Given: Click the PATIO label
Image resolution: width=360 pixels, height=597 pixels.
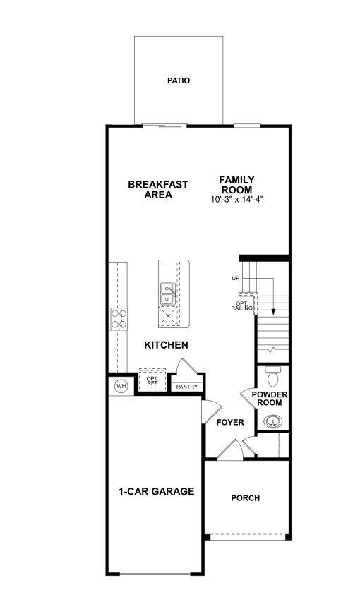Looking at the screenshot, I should pyautogui.click(x=179, y=80).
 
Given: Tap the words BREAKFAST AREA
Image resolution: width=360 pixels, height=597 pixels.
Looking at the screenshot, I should pyautogui.click(x=158, y=190).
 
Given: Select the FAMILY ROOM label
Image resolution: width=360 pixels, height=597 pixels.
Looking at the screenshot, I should pyautogui.click(x=236, y=185).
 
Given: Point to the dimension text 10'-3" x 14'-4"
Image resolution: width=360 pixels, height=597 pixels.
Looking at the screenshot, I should pyautogui.click(x=236, y=200).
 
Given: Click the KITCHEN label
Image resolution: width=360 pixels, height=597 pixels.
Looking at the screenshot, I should pyautogui.click(x=166, y=345).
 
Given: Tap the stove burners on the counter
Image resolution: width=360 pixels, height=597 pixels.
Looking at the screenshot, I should pyautogui.click(x=119, y=320).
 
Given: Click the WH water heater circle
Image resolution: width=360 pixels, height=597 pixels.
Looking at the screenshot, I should pyautogui.click(x=121, y=386).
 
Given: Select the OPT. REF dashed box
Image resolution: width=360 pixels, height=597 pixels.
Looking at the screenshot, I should pyautogui.click(x=152, y=380).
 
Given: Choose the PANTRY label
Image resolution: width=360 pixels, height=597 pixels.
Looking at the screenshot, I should pyautogui.click(x=186, y=387).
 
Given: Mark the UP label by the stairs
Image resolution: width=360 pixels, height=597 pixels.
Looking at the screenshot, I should pyautogui.click(x=236, y=279).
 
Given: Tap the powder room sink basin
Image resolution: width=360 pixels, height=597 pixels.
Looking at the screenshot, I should pyautogui.click(x=272, y=422).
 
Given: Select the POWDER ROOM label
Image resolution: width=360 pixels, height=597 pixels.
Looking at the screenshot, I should pyautogui.click(x=270, y=398).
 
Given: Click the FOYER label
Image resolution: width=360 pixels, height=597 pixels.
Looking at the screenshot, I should pyautogui.click(x=229, y=423).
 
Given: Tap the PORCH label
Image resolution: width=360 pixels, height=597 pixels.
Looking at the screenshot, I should pyautogui.click(x=246, y=498).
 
